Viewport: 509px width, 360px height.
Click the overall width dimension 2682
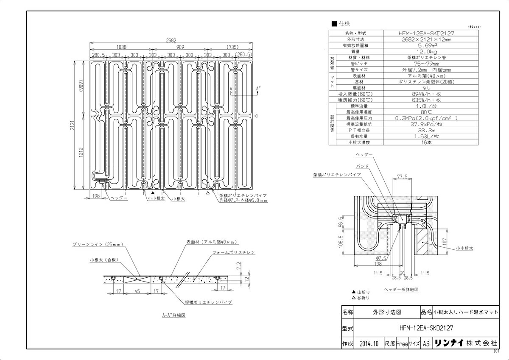click(171, 41)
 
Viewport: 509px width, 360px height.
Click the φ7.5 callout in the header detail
click(381, 257)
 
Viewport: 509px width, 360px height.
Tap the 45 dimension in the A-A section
click(137, 291)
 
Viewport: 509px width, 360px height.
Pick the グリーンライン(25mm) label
click(98, 244)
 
